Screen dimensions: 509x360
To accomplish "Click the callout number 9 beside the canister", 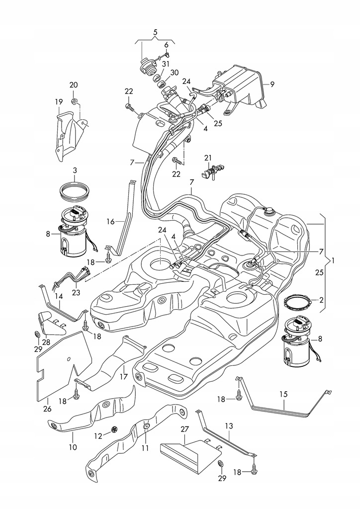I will tap(272, 84).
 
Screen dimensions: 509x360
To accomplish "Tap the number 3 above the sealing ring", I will tap(74, 170).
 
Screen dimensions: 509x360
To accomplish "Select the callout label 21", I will tap(208, 158).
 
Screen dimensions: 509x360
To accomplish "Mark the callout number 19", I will tap(58, 102).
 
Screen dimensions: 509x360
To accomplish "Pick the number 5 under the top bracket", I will tap(155, 33).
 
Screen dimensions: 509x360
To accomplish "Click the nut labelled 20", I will tap(74, 102).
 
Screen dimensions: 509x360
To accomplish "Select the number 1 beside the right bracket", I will tap(333, 260).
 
